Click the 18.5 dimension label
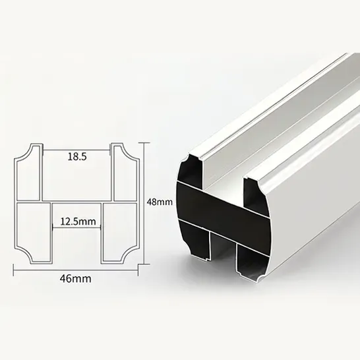[x=76, y=156]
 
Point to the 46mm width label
[x=75, y=278]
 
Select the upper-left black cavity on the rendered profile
[x=189, y=173]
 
